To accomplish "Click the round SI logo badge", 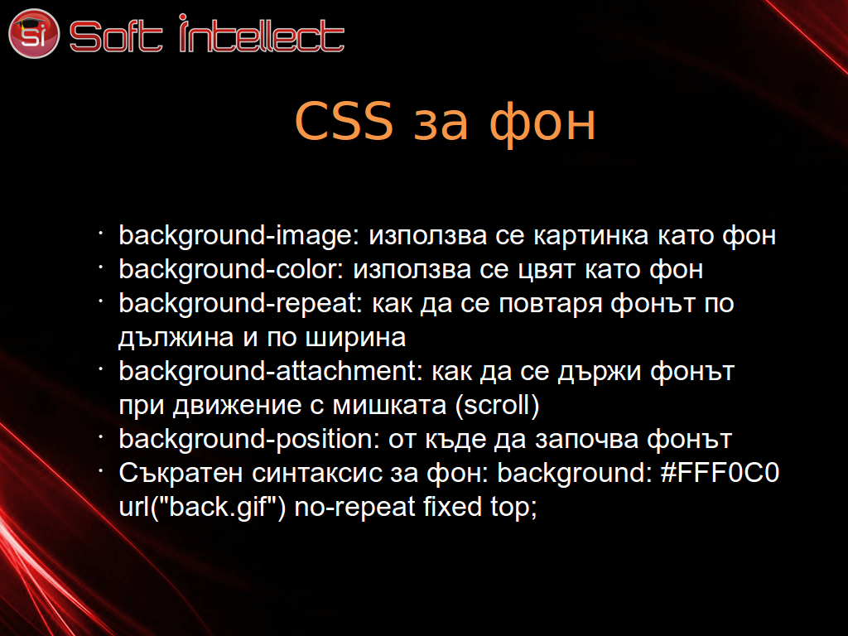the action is coord(33,33).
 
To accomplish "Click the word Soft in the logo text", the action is coord(116,36).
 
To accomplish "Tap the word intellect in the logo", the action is coord(261,33).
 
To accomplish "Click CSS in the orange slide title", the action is coord(344,121).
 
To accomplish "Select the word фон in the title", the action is coord(542,123).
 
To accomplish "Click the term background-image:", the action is coord(238,236).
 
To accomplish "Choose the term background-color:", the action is coord(231,269).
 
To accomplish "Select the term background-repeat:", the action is coord(240,304).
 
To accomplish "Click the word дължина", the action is coord(176,338).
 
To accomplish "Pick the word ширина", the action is coord(355,338).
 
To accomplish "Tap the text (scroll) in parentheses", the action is coord(497,405).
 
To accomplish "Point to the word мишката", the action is coord(389,406).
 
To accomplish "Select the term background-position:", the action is coord(248,439).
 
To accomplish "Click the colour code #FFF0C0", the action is coord(720,473).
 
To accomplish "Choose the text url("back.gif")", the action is coord(202,507).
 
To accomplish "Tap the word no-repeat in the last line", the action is coord(354,508).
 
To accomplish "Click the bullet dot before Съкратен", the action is coord(100,471).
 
